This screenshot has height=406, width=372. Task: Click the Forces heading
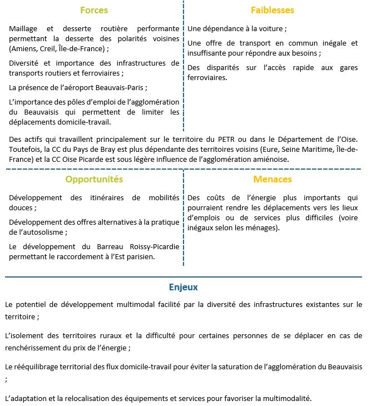pos(94,11)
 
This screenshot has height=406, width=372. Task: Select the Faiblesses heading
pos(272,11)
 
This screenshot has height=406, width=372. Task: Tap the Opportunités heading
pos(94,180)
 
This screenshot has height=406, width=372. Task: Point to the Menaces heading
pos(272,180)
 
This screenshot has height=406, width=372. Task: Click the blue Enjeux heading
pos(183,288)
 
